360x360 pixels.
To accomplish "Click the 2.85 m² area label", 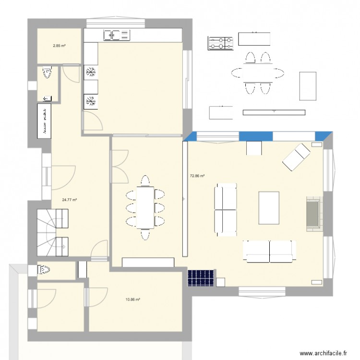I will [59, 46].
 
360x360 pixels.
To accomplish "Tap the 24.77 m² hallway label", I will [70, 200].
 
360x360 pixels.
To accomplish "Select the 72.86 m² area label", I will [197, 176].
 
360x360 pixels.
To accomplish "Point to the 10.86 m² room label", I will [132, 300].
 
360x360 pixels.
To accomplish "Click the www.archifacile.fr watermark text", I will [323, 353].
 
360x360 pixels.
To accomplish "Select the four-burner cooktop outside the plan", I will [221, 43].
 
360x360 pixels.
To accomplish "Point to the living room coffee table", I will [269, 207].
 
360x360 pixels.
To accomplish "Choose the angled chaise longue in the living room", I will [296, 156].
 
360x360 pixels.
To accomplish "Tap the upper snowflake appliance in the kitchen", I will [90, 72].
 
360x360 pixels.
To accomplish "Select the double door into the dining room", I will [119, 166].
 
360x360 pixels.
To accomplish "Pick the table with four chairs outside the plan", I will [258, 73].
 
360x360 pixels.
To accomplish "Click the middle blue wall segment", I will [255, 136].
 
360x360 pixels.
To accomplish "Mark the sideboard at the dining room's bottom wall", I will [148, 262].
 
